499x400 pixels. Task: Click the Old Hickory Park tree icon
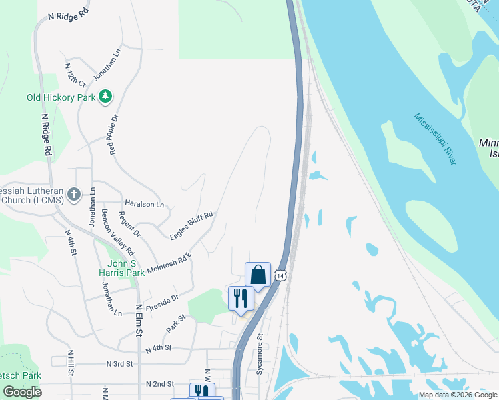pyautogui.click(x=105, y=97)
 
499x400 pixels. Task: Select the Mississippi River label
pyautogui.click(x=435, y=139)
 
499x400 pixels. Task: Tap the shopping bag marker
pyautogui.click(x=258, y=275)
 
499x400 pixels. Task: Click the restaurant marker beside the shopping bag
pyautogui.click(x=241, y=297)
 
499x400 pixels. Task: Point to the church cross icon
pyautogui.click(x=74, y=195)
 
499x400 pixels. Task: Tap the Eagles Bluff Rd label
pyautogui.click(x=191, y=225)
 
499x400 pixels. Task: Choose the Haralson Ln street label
pyautogui.click(x=144, y=203)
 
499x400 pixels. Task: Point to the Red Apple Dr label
pyautogui.click(x=113, y=135)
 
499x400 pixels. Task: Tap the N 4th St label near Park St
pyautogui.click(x=159, y=348)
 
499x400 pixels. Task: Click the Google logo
pyautogui.click(x=22, y=392)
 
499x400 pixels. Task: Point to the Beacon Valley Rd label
pyautogui.click(x=118, y=233)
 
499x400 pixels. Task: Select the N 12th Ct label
pyautogui.click(x=75, y=75)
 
